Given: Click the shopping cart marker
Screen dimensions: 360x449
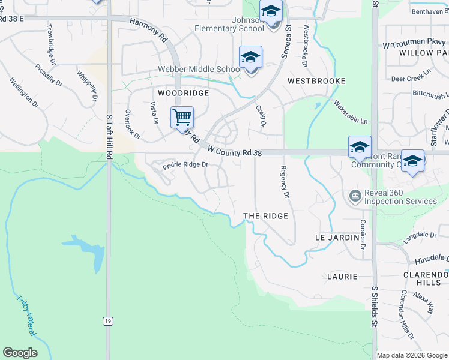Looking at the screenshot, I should pos(182,117).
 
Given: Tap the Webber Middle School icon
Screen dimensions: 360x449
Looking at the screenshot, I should pos(250,57).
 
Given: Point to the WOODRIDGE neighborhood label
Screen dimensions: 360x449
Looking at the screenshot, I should pos(183,94).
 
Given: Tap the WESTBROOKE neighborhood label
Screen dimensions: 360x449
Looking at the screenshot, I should pos(316,80).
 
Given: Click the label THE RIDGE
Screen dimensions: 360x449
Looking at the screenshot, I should pos(265,216).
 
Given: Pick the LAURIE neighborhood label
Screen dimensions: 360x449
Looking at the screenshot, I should pos(342,277).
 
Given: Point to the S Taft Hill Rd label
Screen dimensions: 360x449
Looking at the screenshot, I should pos(109,137).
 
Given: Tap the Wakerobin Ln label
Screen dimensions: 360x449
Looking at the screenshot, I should pos(351,112).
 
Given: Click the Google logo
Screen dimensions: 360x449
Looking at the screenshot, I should pos(20,353).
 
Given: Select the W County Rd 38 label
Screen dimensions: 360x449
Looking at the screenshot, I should pos(235,152).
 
